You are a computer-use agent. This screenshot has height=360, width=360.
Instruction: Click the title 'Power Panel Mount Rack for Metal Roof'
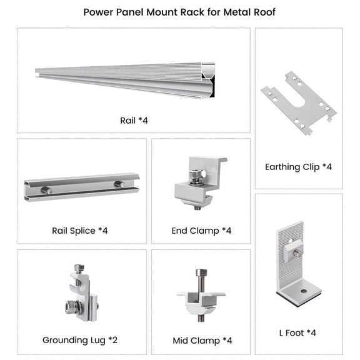pos(179,12)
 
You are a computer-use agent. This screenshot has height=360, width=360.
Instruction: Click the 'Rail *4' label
pos(133,120)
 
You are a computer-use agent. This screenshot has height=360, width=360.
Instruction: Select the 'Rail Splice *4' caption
pos(80,231)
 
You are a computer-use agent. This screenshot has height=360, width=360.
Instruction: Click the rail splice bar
pos(81,186)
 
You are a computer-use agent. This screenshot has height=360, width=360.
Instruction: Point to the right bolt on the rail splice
pos(118,184)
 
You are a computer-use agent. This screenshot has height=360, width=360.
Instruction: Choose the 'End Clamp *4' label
pos(201,231)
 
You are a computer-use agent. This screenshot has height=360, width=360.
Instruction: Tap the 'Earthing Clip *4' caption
pos(298,166)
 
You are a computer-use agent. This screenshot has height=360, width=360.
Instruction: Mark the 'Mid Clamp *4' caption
pos(202,341)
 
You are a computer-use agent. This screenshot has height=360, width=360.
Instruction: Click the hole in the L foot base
pos(303,292)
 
